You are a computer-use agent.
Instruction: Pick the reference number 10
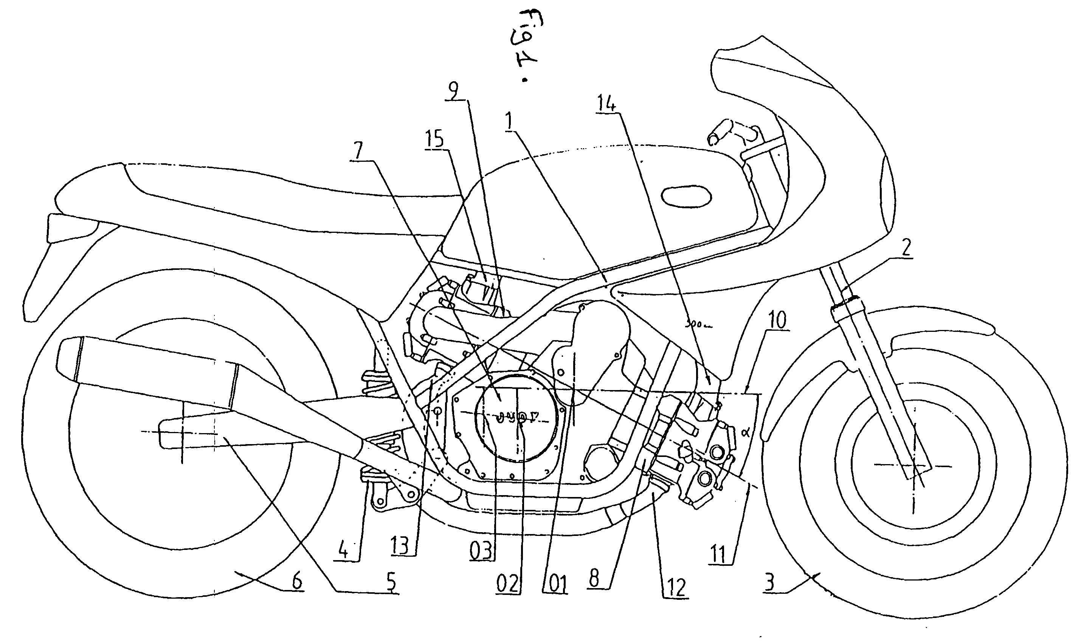pos(776,320)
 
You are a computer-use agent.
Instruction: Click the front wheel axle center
pos(914,466)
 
